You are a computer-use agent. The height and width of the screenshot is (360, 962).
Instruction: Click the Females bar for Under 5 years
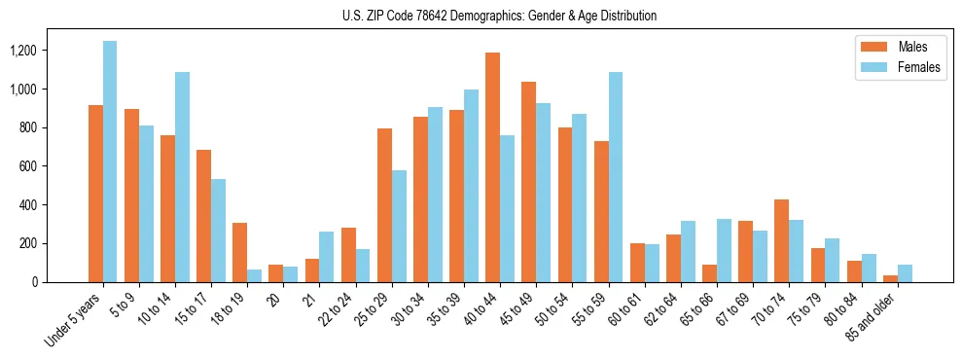(x=110, y=162)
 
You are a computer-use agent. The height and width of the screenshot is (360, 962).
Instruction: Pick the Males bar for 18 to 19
(x=239, y=252)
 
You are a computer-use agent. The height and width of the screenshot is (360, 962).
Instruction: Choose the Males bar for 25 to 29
(x=384, y=205)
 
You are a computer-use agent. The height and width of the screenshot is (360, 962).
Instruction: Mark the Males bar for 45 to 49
(x=528, y=182)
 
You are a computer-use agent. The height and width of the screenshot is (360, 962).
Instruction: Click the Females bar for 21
(x=326, y=257)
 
